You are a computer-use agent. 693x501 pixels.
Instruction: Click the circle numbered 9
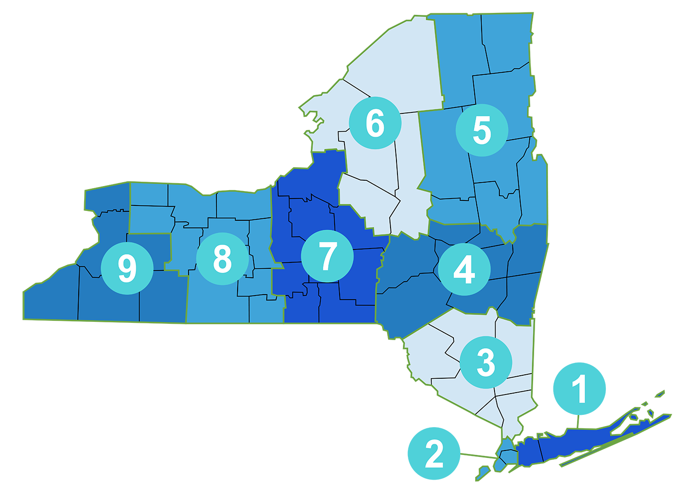127,268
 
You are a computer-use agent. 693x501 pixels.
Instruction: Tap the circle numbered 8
222,258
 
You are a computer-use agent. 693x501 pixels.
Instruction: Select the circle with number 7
327,256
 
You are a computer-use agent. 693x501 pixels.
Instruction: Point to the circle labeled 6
375,123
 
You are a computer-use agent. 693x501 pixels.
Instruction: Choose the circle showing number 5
482,130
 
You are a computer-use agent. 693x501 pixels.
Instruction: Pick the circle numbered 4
464,269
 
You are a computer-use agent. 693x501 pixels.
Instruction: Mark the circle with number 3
486,362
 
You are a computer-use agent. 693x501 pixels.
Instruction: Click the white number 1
580,389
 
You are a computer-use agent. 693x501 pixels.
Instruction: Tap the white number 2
434,454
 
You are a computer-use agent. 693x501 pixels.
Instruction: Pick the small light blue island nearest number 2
484,470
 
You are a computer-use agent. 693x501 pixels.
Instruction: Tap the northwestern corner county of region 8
149,194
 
